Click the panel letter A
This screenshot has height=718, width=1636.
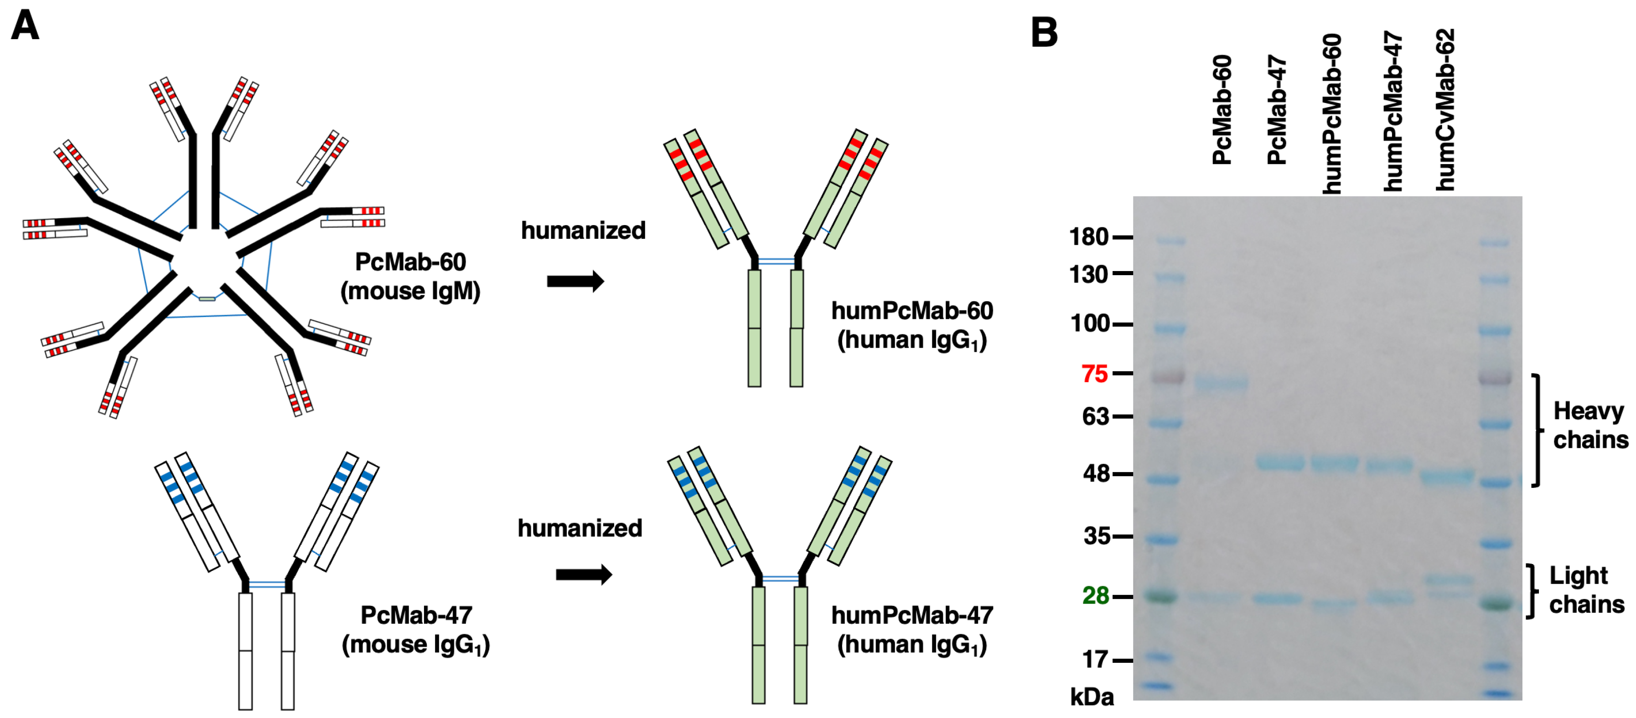[x=26, y=27]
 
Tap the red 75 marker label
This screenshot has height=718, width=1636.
[x=1094, y=374]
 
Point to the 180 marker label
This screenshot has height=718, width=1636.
[x=1088, y=237]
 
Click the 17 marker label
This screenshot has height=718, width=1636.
[x=1095, y=660]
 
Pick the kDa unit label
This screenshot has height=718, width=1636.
[x=1091, y=697]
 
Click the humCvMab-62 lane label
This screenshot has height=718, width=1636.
[x=1445, y=109]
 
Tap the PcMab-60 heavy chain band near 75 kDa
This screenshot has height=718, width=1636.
[x=1221, y=383]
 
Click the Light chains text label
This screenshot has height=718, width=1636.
[x=1586, y=590]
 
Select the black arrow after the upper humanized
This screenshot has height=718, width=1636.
[x=575, y=281]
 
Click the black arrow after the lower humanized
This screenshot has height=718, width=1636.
[x=584, y=574]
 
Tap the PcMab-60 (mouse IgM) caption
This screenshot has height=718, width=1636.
[x=410, y=276]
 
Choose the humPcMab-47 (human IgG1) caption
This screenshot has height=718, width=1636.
[x=912, y=629]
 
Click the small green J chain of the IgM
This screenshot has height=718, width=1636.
[x=207, y=298]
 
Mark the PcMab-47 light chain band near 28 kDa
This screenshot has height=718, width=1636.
[x=1277, y=599]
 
